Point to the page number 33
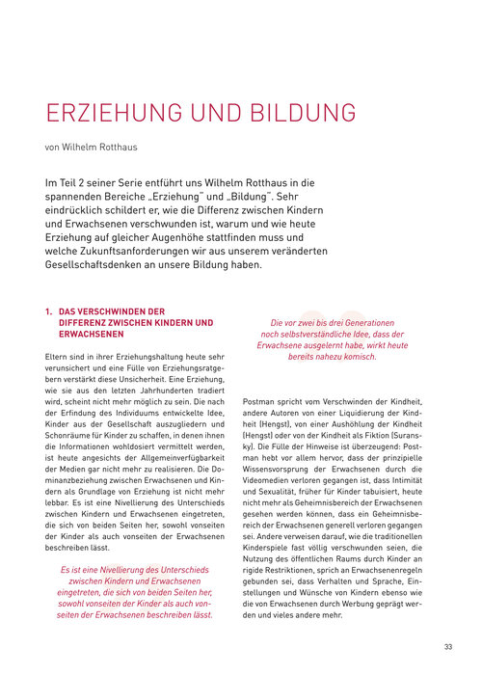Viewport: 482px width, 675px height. [x=448, y=646]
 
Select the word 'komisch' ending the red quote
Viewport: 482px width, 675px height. [x=355, y=357]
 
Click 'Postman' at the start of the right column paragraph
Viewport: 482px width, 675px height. [x=260, y=399]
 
